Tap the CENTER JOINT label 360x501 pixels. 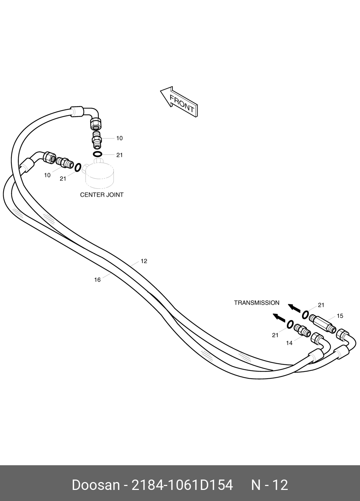(102, 195)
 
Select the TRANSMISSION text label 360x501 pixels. (257, 303)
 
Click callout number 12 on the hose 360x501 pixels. (144, 261)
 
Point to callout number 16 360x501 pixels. (97, 280)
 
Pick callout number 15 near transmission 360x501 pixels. (340, 316)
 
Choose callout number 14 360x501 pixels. (289, 343)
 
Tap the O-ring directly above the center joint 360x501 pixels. (97, 154)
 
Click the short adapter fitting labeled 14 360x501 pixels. (301, 330)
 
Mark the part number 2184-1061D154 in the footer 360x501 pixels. (183, 485)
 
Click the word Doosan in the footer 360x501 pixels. (96, 485)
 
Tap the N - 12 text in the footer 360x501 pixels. (269, 485)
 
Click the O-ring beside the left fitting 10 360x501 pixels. (77, 167)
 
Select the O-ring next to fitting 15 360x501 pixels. (305, 314)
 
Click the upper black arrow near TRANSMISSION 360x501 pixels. (294, 308)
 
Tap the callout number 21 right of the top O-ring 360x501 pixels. (120, 155)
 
